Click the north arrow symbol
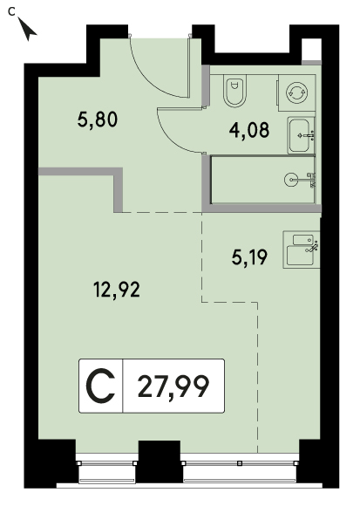coord(28,30)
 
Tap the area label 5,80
coord(98,120)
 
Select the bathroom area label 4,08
coord(249,130)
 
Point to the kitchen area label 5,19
coord(249,256)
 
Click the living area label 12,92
coord(117,290)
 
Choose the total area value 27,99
coord(173,386)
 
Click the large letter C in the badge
coord(100,386)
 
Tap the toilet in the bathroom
coord(234,91)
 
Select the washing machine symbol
coord(297,92)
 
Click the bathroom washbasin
coord(301,135)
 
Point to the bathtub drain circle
coord(290,180)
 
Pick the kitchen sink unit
coord(302,250)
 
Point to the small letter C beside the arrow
coord(12,12)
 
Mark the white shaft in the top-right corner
coord(311,50)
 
